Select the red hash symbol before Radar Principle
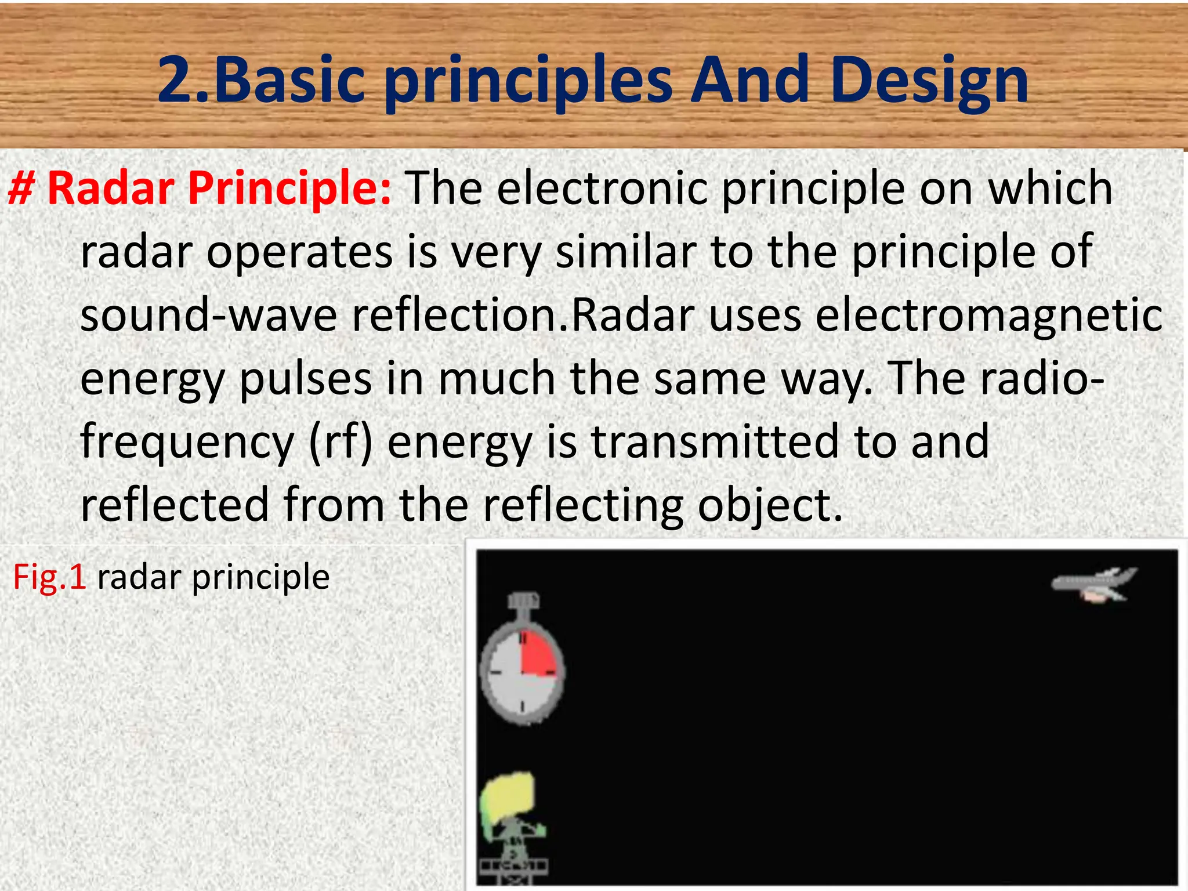(21, 189)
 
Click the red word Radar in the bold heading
(111, 189)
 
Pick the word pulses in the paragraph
(305, 378)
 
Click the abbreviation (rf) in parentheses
(341, 441)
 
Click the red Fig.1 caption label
(50, 577)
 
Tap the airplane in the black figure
(1094, 585)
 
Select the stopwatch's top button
(523, 601)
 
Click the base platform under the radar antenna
(513, 868)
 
